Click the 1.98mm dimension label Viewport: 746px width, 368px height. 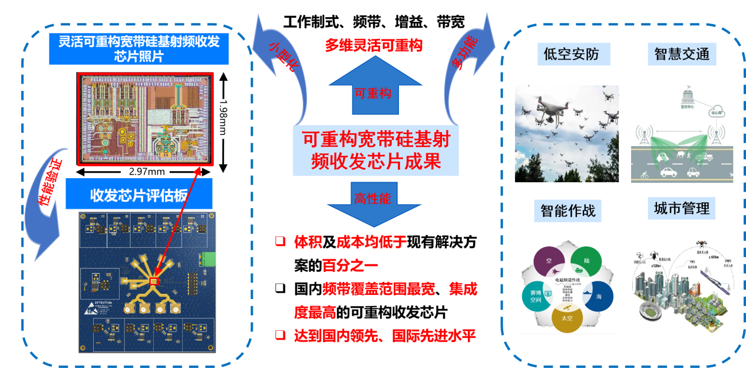pos(222,118)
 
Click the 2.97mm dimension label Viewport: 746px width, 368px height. pos(144,172)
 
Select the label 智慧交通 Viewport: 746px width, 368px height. pos(682,55)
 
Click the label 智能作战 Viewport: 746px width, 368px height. pos(567,210)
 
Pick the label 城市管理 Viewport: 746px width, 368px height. pos(682,208)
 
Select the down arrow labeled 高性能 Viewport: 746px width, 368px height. pos(374,206)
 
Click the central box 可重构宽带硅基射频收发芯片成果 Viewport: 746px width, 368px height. pos(375,150)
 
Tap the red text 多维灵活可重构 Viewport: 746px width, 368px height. pos(374,45)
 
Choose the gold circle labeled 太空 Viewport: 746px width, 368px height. pos(567,319)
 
